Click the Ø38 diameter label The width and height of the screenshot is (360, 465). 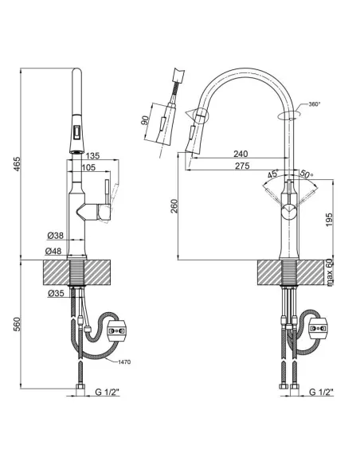point(55,236)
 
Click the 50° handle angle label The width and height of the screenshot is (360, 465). point(306,174)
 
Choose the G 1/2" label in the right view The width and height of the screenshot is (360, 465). point(323,393)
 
